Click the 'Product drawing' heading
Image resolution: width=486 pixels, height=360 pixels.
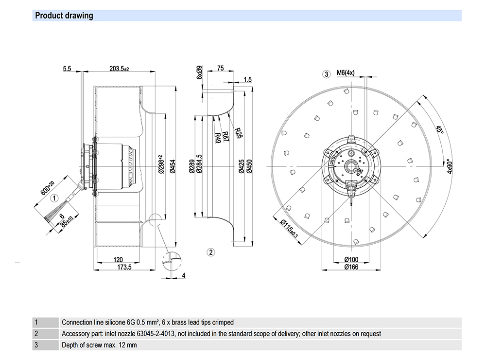[x=64, y=16]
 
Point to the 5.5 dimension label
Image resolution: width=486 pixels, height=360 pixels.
[x=67, y=70]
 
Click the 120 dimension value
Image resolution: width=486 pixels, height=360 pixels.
[x=118, y=260]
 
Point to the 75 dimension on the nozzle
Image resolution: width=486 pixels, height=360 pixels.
[x=221, y=69]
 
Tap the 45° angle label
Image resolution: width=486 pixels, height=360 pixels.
[x=440, y=130]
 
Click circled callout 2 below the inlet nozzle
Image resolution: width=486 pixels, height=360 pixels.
[x=210, y=252]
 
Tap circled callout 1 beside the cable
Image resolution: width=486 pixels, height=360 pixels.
[x=55, y=198]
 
